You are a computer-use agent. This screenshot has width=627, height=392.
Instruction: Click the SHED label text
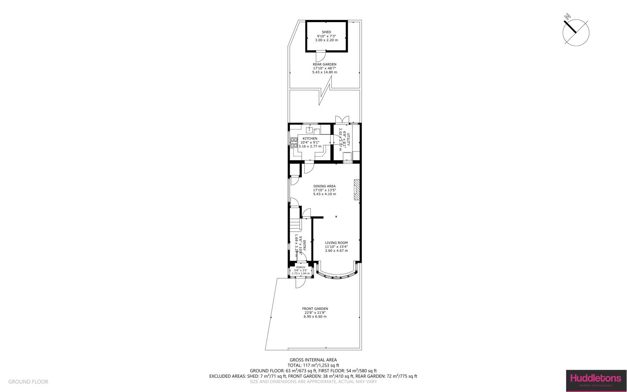click(326, 32)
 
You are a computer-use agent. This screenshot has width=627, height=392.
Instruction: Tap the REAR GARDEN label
click(325, 64)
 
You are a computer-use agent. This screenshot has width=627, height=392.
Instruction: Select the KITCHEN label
click(310, 139)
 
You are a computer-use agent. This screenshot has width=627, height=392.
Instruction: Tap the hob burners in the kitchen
click(293, 142)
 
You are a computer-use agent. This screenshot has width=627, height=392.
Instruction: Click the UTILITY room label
click(348, 140)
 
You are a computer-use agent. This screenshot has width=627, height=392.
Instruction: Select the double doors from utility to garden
click(342, 120)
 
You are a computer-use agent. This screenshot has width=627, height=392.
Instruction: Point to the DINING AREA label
click(325, 186)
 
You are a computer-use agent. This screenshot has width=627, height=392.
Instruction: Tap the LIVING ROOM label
click(336, 243)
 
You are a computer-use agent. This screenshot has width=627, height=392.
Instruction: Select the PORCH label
click(301, 268)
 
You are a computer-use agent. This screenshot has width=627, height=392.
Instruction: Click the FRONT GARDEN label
click(315, 309)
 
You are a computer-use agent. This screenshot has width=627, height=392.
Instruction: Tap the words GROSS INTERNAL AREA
click(313, 360)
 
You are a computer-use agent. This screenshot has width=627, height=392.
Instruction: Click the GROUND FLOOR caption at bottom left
click(28, 382)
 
